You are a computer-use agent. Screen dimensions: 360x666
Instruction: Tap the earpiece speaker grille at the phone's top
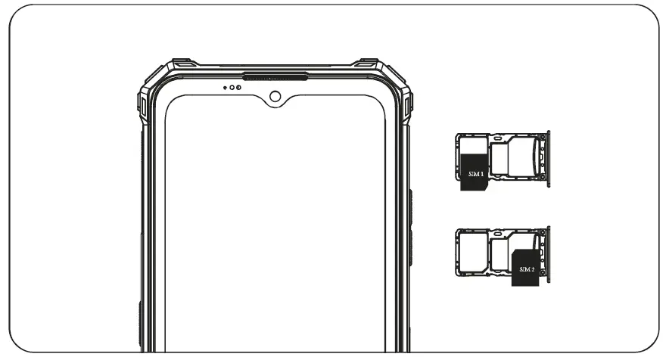[274, 76]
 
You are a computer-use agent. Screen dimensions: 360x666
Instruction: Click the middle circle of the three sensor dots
[232, 87]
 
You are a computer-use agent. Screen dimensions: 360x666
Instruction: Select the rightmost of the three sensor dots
[239, 87]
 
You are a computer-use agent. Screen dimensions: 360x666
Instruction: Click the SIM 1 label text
[475, 174]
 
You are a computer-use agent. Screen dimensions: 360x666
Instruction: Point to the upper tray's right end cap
[547, 158]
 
